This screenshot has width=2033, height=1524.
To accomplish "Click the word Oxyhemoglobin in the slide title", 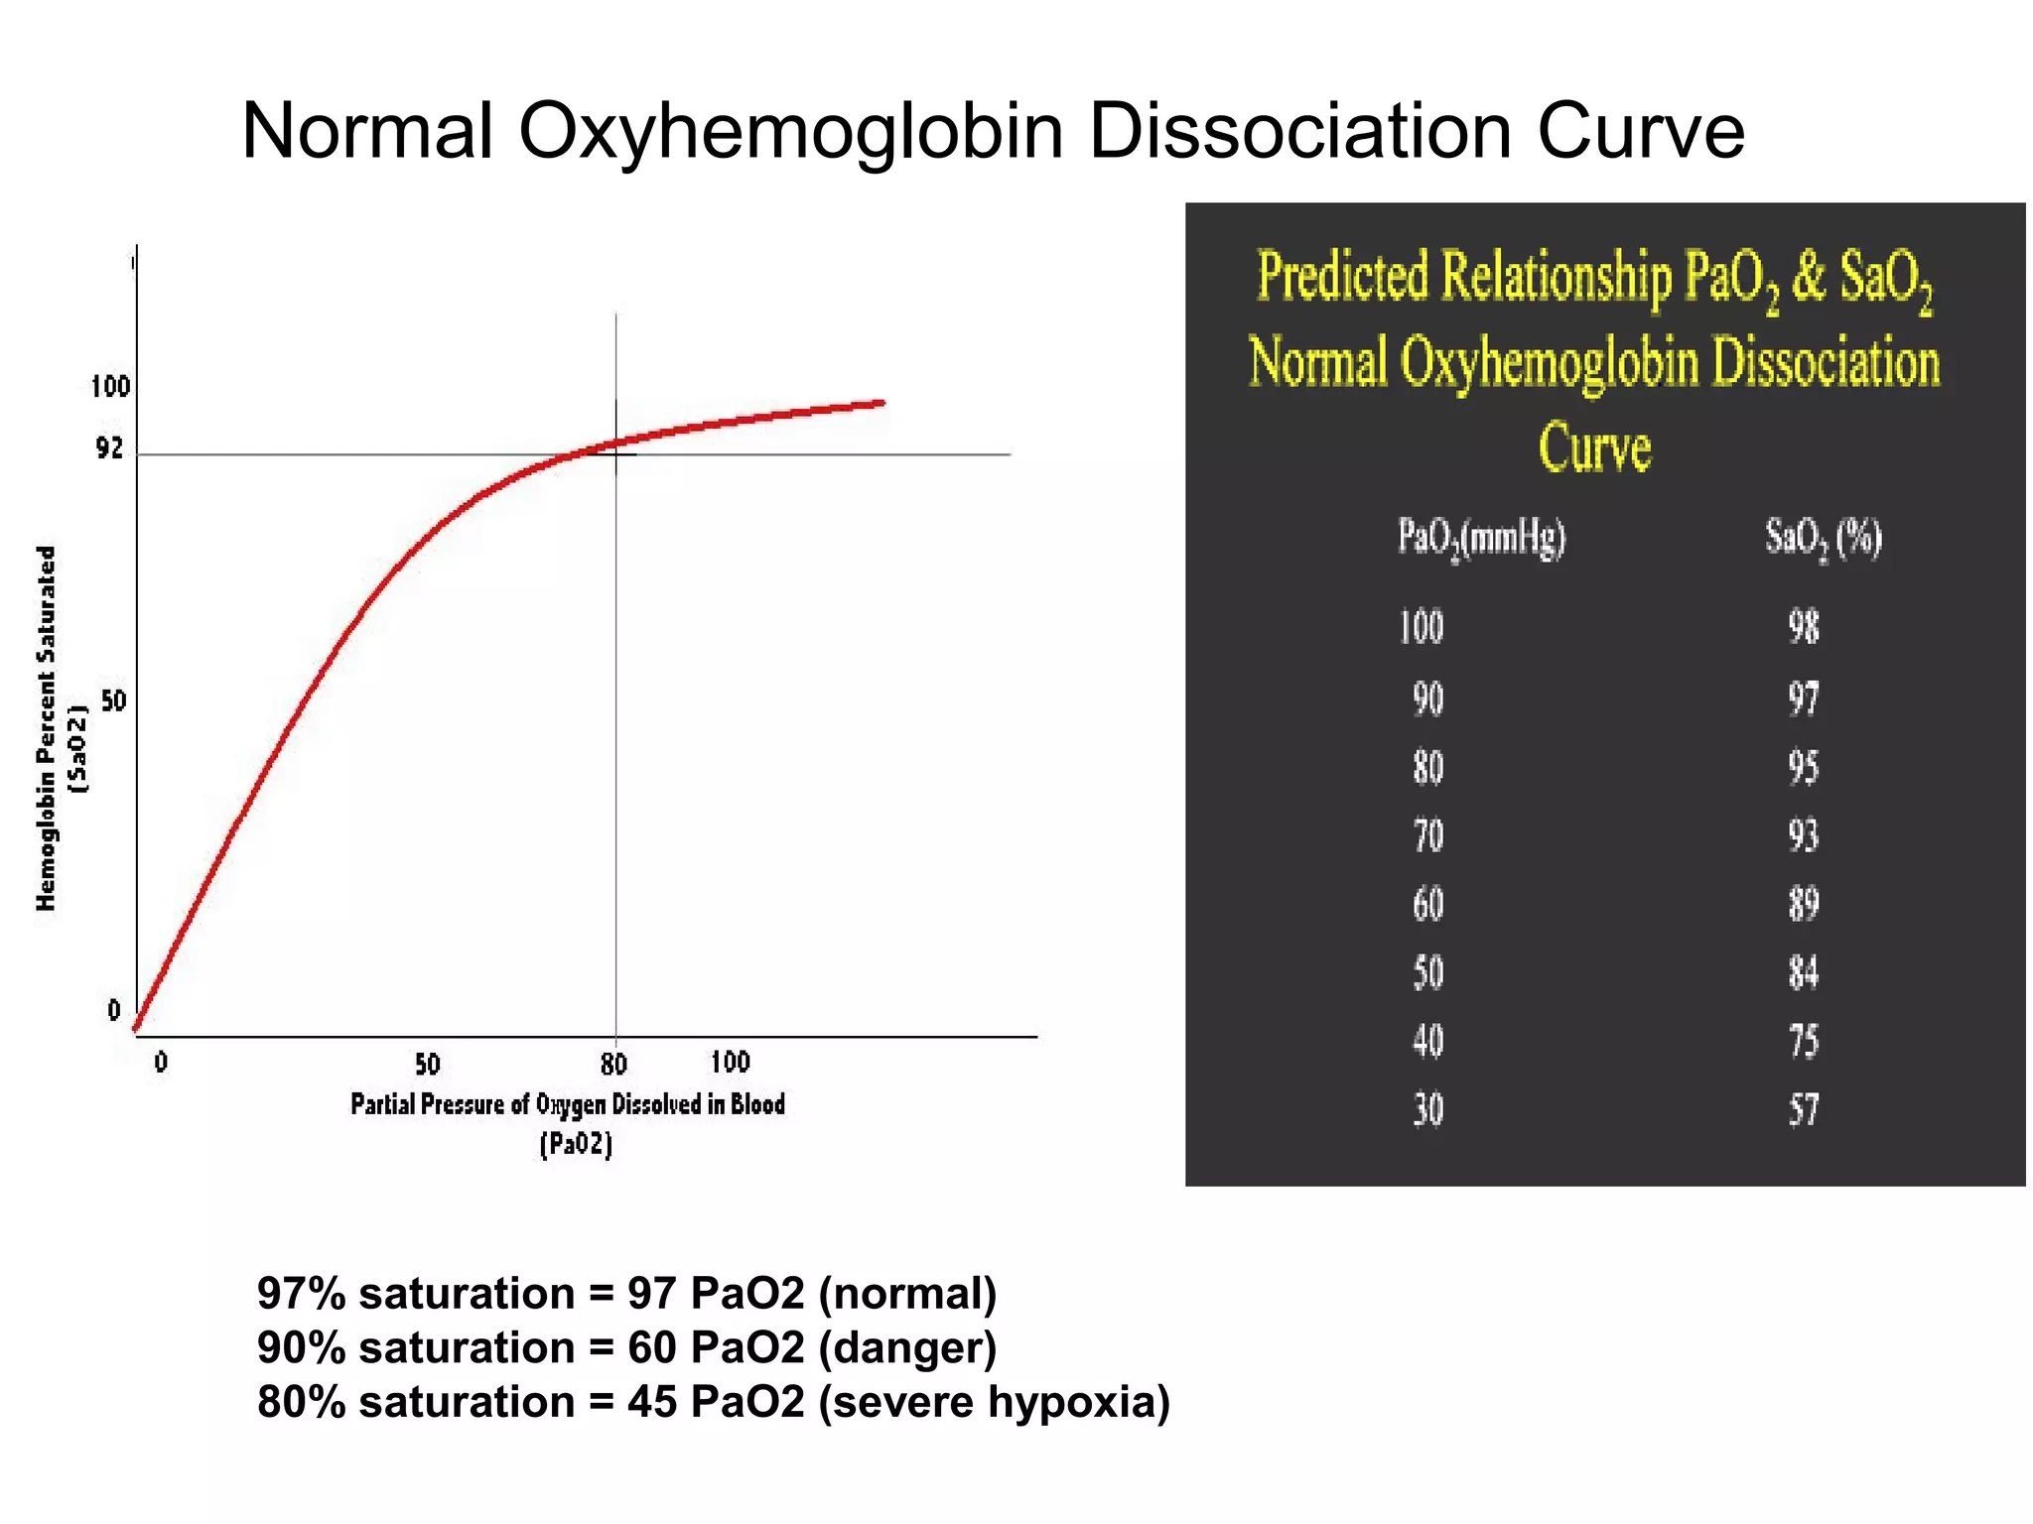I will [790, 131].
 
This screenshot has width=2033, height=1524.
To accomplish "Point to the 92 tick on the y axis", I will [109, 448].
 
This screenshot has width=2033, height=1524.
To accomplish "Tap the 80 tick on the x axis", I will [614, 1065].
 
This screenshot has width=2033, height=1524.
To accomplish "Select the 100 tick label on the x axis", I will [730, 1063].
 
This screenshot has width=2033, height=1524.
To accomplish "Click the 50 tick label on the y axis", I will [114, 701].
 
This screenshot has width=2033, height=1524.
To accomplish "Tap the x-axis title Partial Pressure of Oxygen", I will [567, 1104].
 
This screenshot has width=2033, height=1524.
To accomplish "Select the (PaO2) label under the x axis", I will [576, 1144].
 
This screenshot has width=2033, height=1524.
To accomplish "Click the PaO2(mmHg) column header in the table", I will [1481, 539].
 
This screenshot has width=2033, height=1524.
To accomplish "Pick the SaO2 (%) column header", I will [1823, 539].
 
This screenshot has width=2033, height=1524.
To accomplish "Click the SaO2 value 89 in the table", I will [1804, 904].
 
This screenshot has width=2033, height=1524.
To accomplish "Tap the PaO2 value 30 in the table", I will [1428, 1109].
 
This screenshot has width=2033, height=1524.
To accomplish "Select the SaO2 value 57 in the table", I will [1804, 1109].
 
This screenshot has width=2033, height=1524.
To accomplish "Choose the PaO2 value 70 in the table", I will [1428, 835].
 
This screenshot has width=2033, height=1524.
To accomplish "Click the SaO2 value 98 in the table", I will [1804, 627].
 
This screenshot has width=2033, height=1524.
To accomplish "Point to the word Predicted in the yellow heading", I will [1342, 277].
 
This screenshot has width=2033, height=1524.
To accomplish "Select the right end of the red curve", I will [881, 403].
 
